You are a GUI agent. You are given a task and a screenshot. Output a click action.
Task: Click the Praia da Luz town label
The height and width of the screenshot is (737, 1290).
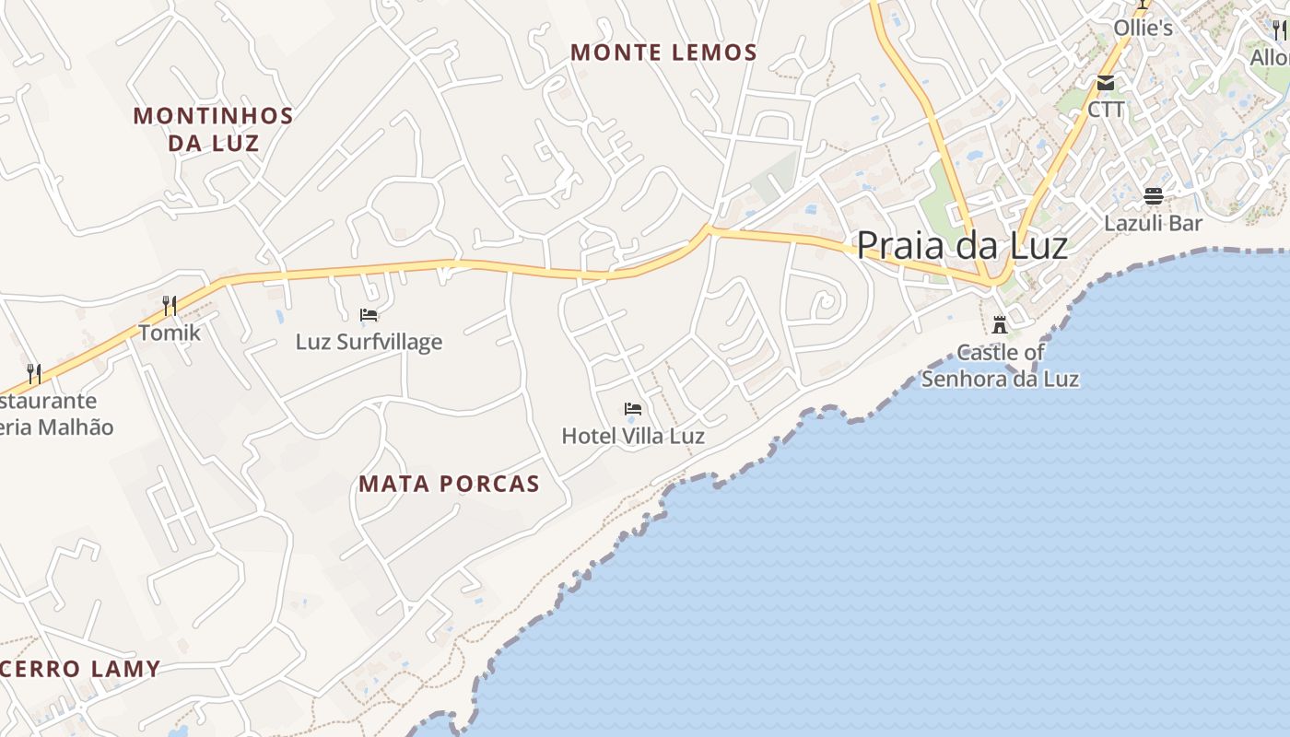tap(962, 246)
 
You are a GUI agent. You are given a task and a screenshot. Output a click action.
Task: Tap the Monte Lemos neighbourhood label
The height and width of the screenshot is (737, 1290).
tap(663, 53)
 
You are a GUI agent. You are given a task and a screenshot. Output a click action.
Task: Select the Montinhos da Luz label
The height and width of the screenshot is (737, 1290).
tap(213, 129)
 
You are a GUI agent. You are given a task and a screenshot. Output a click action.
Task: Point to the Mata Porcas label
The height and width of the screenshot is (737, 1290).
tap(449, 484)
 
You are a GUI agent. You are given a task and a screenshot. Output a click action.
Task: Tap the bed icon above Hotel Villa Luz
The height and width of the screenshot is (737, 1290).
tap(632, 408)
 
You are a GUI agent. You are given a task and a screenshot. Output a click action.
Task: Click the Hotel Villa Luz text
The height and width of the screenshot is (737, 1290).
tap(633, 436)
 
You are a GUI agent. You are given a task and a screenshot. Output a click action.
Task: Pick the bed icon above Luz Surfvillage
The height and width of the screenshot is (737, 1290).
tap(369, 315)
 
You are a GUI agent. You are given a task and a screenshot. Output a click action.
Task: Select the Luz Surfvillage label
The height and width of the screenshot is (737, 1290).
tap(369, 342)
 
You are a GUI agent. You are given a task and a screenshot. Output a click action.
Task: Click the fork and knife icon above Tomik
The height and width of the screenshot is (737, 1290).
tap(169, 305)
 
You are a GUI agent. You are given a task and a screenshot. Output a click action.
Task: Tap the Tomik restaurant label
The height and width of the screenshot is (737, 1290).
tap(170, 332)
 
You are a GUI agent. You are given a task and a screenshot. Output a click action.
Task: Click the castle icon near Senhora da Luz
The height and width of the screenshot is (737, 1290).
tap(999, 324)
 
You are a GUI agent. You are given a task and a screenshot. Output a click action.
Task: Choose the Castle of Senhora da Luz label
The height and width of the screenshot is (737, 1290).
tap(1000, 366)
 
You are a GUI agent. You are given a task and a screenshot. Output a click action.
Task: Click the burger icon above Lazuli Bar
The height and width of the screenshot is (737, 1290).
tap(1153, 195)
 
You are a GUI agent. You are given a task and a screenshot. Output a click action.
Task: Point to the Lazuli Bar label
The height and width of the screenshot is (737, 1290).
tap(1154, 223)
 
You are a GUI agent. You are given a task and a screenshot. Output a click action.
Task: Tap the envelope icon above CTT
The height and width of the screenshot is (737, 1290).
tap(1106, 83)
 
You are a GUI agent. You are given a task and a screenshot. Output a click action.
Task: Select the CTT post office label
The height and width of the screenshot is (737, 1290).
tap(1106, 110)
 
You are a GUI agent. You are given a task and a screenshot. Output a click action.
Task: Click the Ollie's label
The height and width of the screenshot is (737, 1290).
tap(1143, 28)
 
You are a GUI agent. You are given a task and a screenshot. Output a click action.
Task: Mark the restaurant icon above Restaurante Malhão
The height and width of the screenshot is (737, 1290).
tap(34, 373)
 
